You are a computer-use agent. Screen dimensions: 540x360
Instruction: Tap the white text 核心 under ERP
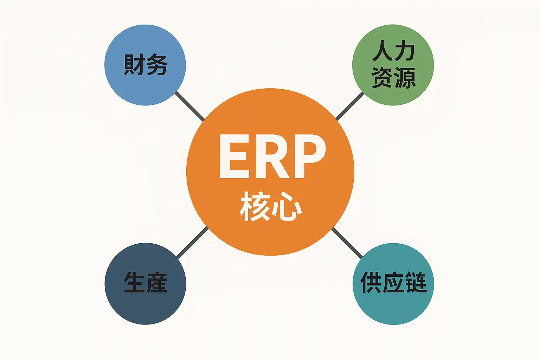click(271, 206)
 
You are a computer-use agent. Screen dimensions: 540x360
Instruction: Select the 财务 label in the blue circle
click(145, 65)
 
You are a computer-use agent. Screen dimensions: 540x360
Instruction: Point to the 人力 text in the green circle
click(393, 51)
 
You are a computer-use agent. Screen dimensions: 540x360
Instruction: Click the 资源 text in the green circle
click(393, 78)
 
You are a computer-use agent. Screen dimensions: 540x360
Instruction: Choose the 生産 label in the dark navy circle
click(145, 282)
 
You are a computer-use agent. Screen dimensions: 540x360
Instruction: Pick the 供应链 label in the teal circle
click(393, 282)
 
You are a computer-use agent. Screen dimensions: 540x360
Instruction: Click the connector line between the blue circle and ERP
click(190, 106)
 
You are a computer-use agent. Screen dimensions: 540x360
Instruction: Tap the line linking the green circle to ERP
click(350, 106)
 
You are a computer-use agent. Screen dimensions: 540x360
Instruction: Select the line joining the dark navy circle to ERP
click(192, 242)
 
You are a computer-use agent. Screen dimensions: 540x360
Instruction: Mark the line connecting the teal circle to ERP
click(347, 243)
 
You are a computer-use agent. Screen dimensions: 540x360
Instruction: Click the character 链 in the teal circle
click(416, 282)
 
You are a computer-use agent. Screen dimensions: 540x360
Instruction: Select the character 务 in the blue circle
click(157, 65)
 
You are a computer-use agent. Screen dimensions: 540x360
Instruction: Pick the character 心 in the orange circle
click(287, 207)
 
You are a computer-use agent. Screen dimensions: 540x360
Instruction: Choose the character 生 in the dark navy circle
click(134, 282)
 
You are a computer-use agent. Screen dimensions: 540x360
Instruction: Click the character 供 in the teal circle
click(371, 282)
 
